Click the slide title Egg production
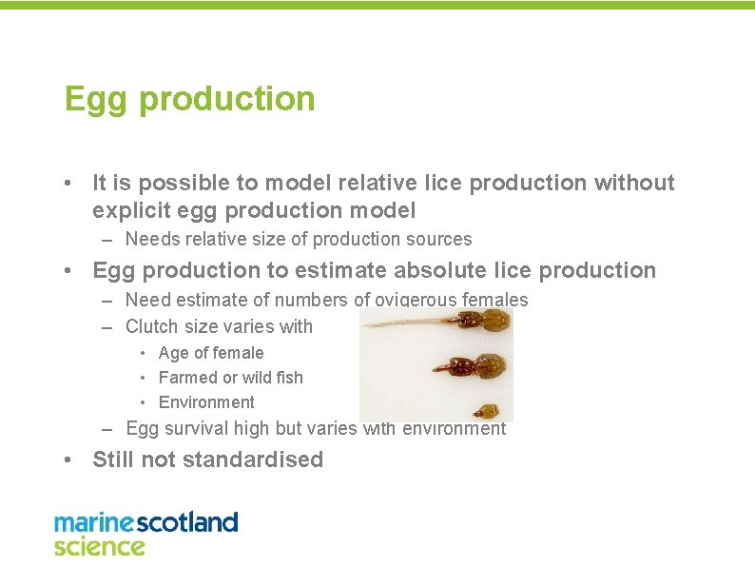[189, 99]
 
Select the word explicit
[131, 209]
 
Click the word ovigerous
[417, 301]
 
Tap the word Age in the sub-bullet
[173, 353]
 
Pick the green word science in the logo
[99, 546]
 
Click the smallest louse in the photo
[488, 412]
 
